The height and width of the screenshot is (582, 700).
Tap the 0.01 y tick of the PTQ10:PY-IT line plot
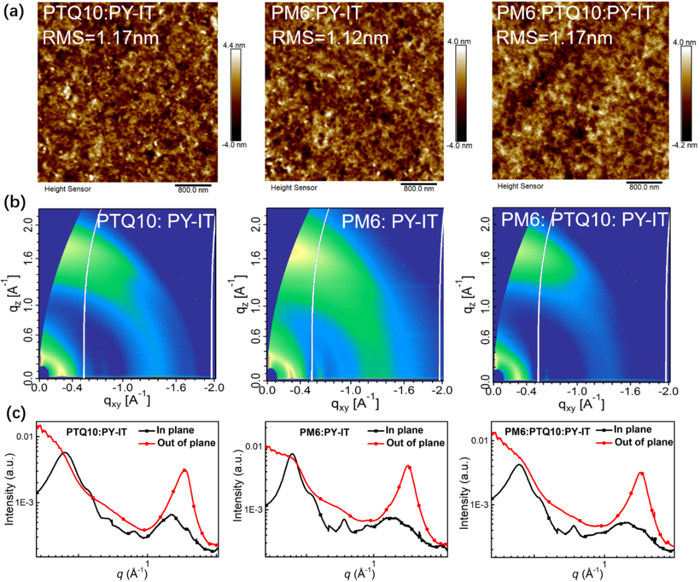coord(23,437)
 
